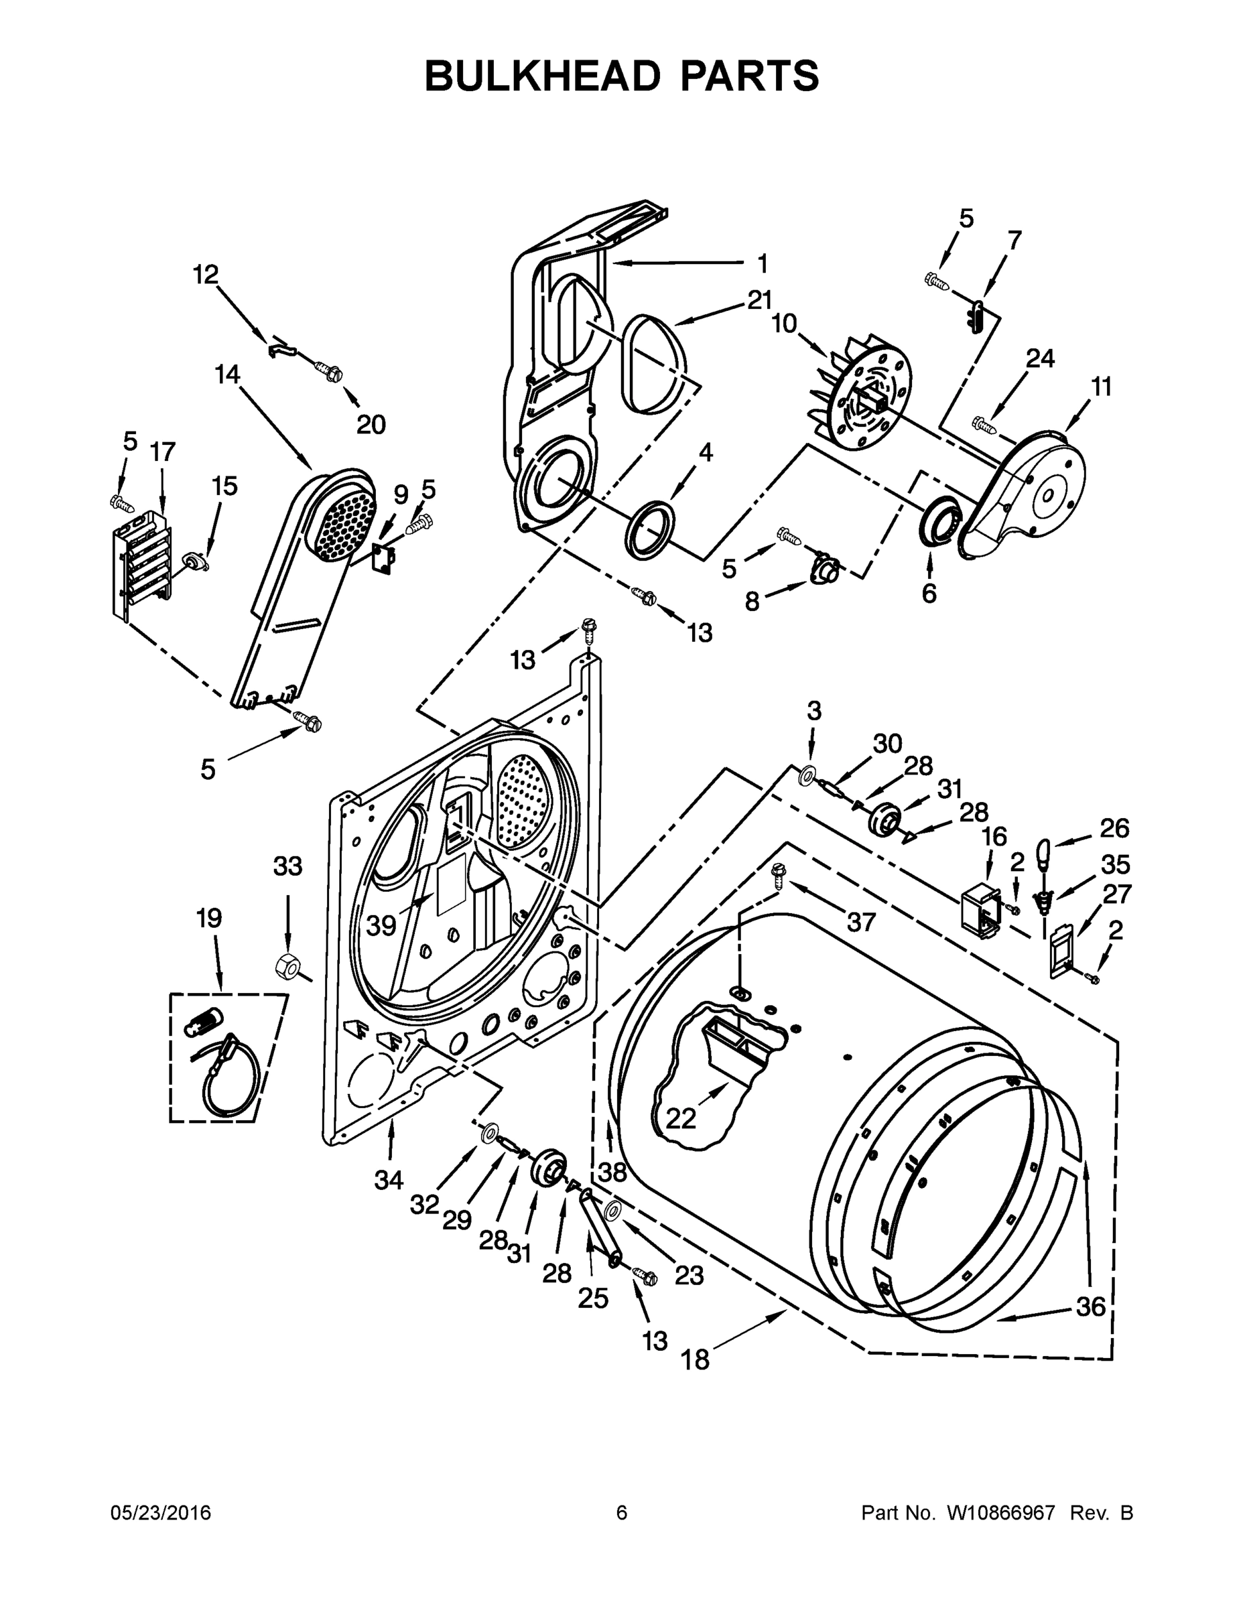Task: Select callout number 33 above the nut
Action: pos(287,866)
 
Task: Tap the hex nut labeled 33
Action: pos(285,965)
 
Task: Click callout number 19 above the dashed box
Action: pos(209,918)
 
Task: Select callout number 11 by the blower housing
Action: pos(1100,387)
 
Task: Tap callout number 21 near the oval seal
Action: pos(759,300)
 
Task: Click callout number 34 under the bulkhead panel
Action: pos(388,1181)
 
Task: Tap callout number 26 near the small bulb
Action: pos(1114,828)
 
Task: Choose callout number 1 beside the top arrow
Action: pos(762,263)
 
